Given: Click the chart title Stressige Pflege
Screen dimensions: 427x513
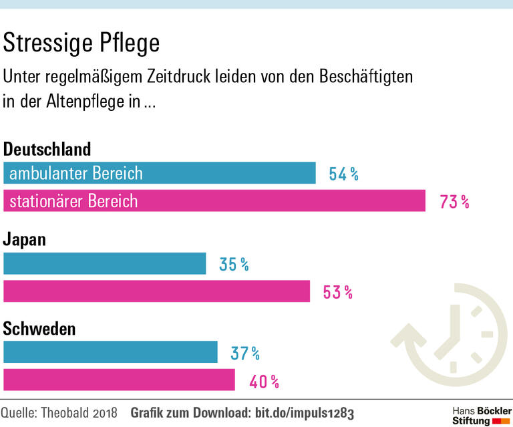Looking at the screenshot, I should point(81,43).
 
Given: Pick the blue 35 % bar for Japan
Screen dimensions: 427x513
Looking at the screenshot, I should point(105,264).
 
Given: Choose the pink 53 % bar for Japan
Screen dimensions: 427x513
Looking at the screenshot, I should point(157,291).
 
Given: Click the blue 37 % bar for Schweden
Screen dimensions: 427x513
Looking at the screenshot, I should point(111,352).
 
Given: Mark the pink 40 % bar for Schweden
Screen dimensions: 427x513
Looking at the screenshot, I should point(120,380).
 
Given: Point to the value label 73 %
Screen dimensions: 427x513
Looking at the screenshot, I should point(454,201).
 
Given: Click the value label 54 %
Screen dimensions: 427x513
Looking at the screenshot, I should point(344,174).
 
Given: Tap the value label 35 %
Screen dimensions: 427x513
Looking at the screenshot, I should point(234,265).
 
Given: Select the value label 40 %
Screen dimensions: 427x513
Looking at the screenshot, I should point(264,382).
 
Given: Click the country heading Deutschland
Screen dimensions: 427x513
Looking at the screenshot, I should point(47,148).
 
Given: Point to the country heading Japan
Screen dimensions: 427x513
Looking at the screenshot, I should point(25,239).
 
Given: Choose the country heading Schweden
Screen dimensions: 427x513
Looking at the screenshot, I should point(39,329).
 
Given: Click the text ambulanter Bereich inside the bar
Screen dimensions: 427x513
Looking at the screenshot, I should point(76,174).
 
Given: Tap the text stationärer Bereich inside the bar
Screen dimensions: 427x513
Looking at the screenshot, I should point(73,200).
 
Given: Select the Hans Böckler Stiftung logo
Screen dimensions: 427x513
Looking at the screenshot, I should point(482,415).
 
